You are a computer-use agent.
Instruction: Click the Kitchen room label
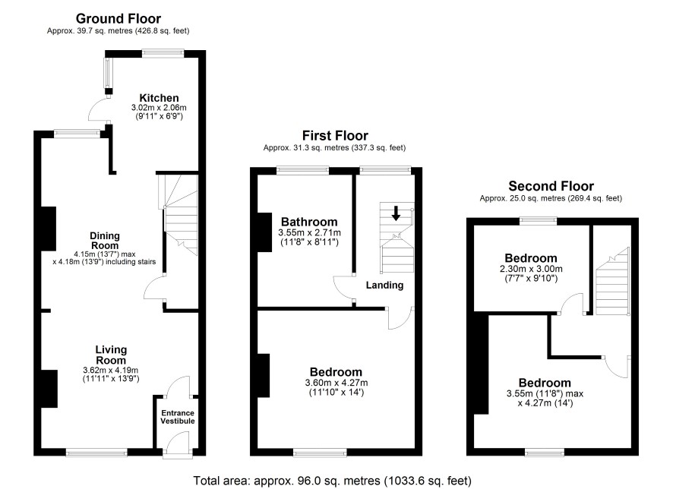coord(159,98)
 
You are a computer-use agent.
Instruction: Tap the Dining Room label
coord(105,241)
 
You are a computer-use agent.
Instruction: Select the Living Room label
coord(111,355)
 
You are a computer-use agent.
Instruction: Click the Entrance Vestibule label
coord(178,417)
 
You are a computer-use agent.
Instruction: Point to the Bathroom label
coord(309,222)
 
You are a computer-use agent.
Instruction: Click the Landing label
coord(384,286)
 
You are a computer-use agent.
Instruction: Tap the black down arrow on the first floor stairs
coord(397,213)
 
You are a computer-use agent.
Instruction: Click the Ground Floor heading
coord(118,18)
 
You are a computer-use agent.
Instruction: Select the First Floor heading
coord(335,136)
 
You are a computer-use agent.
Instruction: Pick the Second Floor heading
coord(551,186)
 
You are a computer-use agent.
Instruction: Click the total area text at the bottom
coord(332,481)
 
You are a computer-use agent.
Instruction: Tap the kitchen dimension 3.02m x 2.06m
coord(159,108)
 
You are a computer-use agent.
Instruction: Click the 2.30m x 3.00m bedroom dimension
coord(531,269)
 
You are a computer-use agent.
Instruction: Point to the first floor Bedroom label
coord(336,372)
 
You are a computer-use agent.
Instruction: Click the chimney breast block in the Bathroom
coord(264,232)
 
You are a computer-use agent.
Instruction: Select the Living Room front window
coord(96,452)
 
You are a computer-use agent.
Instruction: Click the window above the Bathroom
coord(302,170)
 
